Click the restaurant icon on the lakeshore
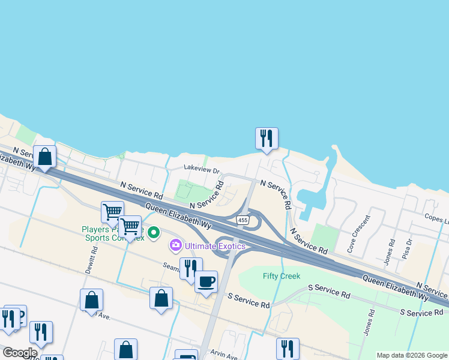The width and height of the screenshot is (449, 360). (266, 138)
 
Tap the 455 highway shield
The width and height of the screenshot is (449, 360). (243, 221)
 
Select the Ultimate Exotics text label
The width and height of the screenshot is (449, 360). (215, 245)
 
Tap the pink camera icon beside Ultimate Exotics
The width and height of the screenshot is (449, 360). (176, 245)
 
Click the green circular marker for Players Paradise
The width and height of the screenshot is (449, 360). (153, 232)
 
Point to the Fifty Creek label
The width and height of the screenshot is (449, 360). (281, 276)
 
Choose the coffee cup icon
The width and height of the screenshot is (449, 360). (206, 281)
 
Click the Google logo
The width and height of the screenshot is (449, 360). (19, 353)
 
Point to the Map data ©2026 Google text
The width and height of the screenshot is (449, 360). (412, 355)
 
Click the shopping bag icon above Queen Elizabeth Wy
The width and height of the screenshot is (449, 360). (44, 157)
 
